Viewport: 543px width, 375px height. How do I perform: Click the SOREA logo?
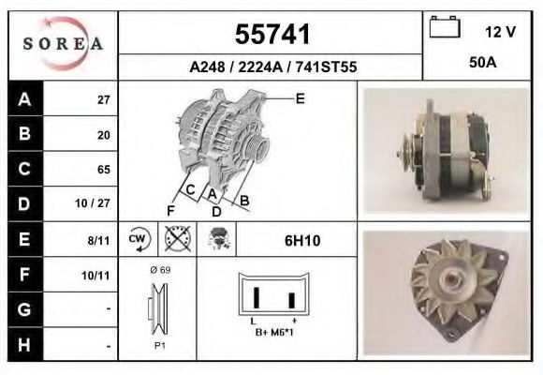click(63, 44)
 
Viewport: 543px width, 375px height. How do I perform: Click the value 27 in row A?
click(103, 100)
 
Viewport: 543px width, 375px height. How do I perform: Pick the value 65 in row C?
click(103, 170)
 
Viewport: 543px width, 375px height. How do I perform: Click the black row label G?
click(24, 309)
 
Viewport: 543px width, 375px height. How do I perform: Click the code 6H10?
click(301, 241)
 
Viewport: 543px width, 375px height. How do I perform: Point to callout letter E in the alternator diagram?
click(300, 97)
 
